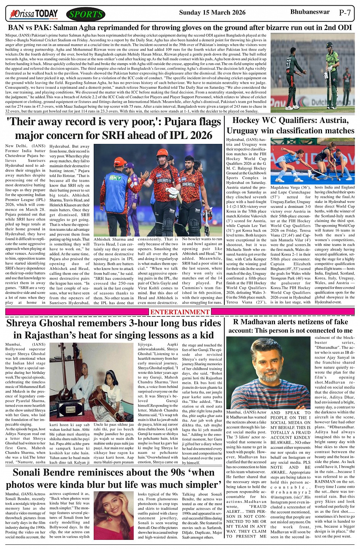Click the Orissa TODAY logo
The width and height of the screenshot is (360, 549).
[x=34, y=14]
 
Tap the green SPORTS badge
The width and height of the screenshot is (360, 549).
[x=86, y=14]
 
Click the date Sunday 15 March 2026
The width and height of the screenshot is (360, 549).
[x=212, y=13]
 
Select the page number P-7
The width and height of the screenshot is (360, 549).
[x=345, y=13]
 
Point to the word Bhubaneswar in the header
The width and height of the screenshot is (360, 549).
[x=310, y=12]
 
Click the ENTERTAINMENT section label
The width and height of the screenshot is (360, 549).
[x=180, y=312]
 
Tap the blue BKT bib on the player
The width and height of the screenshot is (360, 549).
[x=115, y=178]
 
